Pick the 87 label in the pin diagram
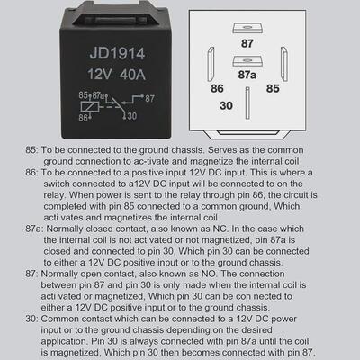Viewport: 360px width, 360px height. click(247, 42)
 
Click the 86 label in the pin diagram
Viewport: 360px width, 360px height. click(217, 89)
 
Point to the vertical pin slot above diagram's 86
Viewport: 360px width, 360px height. click(210, 63)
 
